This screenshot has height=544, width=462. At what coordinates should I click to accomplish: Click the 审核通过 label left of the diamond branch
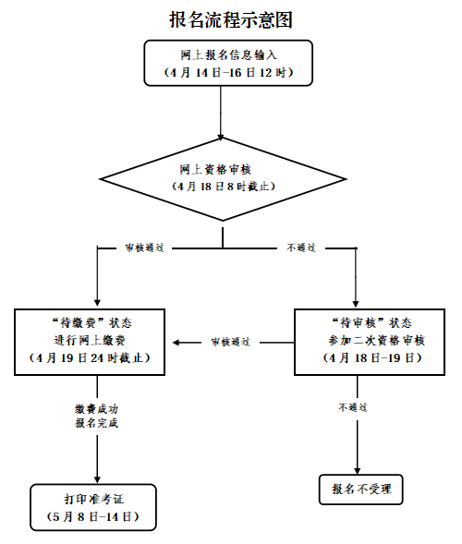point(144,248)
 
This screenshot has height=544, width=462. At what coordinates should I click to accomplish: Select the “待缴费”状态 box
point(96,342)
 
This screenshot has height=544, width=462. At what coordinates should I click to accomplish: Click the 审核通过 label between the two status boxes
point(230,342)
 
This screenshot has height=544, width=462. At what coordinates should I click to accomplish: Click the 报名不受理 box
point(361,488)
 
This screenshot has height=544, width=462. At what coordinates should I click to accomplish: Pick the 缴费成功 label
point(96,407)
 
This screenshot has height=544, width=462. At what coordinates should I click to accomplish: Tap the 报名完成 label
point(96,423)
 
